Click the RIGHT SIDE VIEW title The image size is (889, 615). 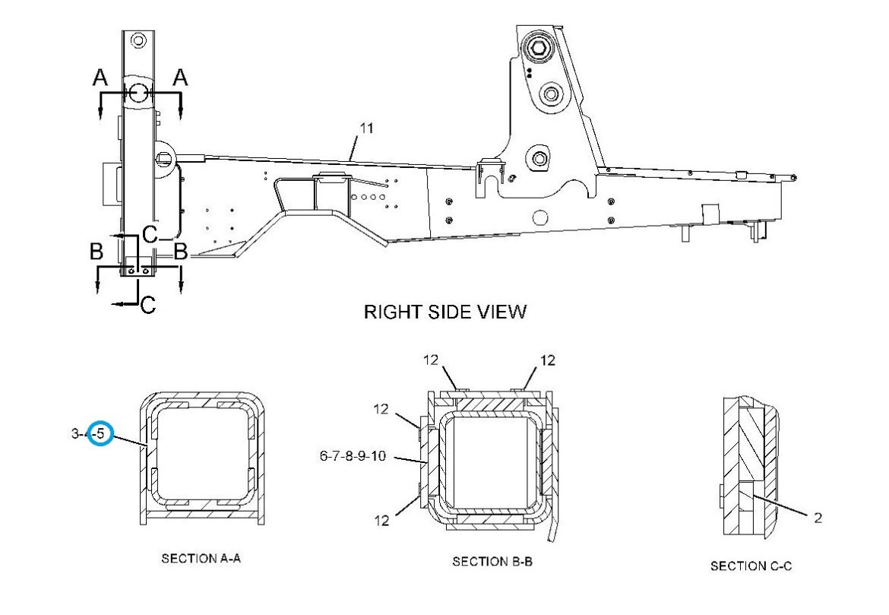tap(445, 312)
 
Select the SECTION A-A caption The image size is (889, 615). tap(201, 558)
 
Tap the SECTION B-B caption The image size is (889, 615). tap(492, 562)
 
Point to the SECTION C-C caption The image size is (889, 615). tap(751, 566)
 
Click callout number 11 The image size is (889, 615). tap(367, 128)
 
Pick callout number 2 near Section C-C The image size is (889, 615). tap(818, 518)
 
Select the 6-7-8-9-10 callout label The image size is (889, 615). tap(353, 455)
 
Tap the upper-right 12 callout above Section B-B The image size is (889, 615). tap(548, 360)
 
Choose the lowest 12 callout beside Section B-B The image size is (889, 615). tap(382, 520)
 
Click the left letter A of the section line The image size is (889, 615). tap(100, 77)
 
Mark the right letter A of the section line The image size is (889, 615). tap(180, 77)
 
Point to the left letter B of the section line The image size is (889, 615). tap(96, 251)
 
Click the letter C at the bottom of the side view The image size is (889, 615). tap(147, 306)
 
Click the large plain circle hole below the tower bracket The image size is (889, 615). tap(540, 217)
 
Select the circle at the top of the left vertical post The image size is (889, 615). tap(138, 41)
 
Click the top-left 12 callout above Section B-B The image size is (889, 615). tap(431, 360)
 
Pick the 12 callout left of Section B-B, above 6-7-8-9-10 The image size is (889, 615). tap(381, 408)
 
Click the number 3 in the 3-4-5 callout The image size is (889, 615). tap(75, 434)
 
